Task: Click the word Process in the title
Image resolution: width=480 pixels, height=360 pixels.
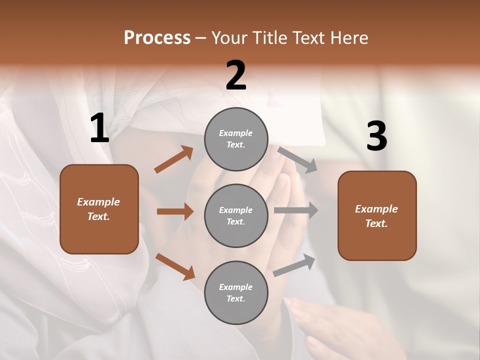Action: pyautogui.click(x=157, y=38)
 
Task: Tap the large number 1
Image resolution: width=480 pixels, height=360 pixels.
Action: pyautogui.click(x=99, y=128)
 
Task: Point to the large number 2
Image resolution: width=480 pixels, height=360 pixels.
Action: pyautogui.click(x=236, y=75)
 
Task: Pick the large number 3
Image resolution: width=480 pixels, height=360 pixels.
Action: pyautogui.click(x=376, y=136)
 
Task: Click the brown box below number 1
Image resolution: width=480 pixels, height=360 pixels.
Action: pyautogui.click(x=99, y=209)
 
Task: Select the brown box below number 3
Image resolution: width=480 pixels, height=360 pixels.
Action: pyautogui.click(x=377, y=215)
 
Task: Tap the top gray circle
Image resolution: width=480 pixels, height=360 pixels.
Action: pyautogui.click(x=236, y=139)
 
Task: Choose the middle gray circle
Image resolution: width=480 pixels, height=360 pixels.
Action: pyautogui.click(x=236, y=215)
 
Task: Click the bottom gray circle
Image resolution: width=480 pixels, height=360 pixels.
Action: pyautogui.click(x=236, y=292)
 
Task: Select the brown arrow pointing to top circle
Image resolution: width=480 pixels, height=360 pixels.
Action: pyautogui.click(x=173, y=160)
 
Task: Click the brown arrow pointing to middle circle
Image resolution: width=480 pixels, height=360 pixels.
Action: pyautogui.click(x=175, y=211)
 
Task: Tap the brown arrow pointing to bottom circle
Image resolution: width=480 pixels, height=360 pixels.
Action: pyautogui.click(x=175, y=266)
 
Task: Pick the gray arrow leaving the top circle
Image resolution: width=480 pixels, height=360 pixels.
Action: pyautogui.click(x=297, y=159)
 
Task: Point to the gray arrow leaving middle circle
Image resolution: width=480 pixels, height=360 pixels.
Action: pyautogui.click(x=296, y=210)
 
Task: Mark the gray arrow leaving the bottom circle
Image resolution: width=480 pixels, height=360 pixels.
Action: pyautogui.click(x=294, y=265)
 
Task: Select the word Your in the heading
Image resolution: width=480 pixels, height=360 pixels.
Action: pyautogui.click(x=229, y=38)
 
